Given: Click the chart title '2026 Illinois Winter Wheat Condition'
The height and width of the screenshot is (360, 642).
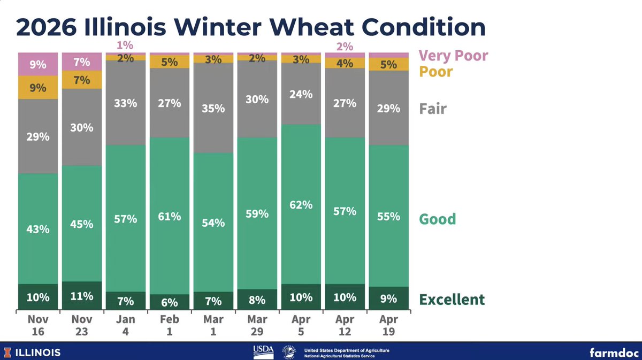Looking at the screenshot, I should pos(251,27).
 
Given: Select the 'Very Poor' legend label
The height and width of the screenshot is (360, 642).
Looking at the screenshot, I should pos(453,56).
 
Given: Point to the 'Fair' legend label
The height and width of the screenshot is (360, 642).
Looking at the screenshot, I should pos(432,109).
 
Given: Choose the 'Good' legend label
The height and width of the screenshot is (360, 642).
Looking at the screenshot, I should pos(437,219).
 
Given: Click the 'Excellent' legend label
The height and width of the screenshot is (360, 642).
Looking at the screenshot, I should pos(452,299).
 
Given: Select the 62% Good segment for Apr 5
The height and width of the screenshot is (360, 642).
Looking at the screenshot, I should pos(301,205).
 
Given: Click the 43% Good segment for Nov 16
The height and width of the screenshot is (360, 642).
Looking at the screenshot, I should pos(39,229).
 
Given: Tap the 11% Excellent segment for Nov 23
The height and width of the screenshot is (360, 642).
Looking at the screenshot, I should pos(82,296).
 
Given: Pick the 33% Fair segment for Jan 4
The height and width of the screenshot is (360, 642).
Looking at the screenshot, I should pos(126,103).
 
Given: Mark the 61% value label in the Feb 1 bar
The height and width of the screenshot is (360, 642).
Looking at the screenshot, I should pos(170,216).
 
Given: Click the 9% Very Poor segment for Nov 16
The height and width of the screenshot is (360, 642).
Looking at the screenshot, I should pos(39,64).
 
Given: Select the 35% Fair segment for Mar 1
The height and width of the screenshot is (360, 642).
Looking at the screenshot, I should pos(213,108).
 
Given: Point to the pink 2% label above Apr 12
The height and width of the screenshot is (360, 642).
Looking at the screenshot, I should pos(345,47).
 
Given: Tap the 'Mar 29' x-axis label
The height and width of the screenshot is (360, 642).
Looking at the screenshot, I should pos(257,325).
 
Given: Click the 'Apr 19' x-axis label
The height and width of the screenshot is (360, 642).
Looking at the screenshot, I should pos(388,325).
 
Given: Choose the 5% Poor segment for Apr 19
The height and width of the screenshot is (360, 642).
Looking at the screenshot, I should pos(388,64).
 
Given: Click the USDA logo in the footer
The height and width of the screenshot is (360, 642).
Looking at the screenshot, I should pos(263,351).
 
